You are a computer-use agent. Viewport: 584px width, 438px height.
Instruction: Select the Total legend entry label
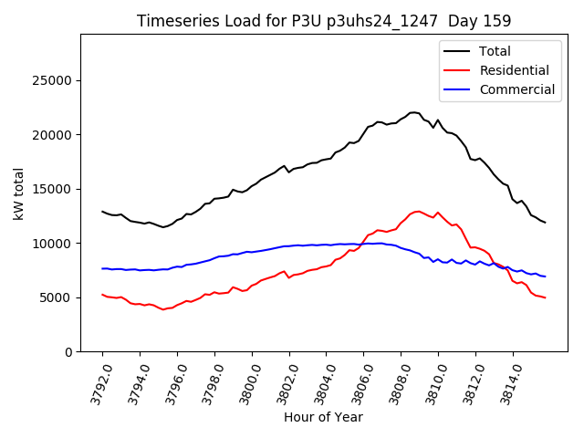[495, 51]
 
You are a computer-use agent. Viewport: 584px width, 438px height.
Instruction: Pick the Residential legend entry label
[515, 70]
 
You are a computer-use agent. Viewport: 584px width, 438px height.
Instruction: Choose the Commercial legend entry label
[517, 89]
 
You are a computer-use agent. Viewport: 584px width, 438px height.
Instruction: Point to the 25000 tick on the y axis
[53, 80]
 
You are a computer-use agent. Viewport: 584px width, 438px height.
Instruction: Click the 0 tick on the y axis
[68, 352]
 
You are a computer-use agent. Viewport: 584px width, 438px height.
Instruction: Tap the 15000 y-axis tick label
[53, 189]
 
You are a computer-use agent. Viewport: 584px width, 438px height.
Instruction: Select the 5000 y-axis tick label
[57, 297]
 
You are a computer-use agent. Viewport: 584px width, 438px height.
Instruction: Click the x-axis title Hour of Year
[323, 417]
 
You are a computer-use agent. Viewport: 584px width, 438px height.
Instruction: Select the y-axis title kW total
[19, 193]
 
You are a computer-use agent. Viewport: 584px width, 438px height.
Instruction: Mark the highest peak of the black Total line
[413, 112]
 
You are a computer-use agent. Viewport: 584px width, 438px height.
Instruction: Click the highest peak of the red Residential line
[418, 211]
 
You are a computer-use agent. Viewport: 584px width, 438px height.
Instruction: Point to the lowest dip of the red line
[163, 309]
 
